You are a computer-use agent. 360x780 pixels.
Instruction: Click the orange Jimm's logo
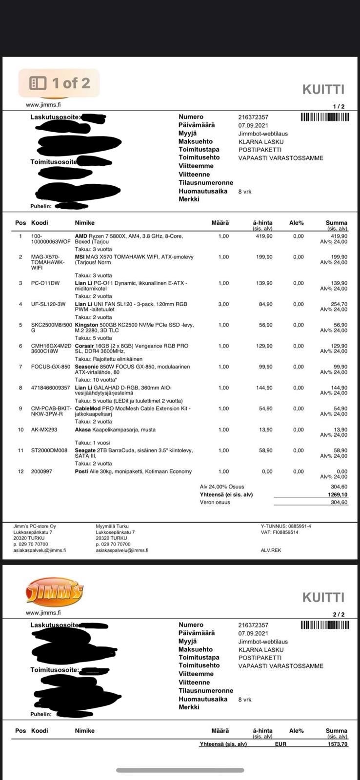click(x=54, y=592)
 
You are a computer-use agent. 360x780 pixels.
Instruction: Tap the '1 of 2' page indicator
click(x=59, y=83)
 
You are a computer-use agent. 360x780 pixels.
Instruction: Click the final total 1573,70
click(x=338, y=744)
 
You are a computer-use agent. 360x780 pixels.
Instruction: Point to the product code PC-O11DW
click(x=45, y=283)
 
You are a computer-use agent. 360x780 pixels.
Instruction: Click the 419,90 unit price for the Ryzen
click(x=264, y=236)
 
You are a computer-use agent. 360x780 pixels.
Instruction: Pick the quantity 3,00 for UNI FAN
click(x=223, y=304)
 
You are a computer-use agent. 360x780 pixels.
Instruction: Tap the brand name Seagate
click(x=85, y=450)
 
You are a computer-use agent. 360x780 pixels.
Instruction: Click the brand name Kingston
click(x=86, y=325)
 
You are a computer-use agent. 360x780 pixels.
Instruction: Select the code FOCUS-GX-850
click(x=51, y=367)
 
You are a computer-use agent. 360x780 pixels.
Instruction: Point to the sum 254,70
click(x=339, y=304)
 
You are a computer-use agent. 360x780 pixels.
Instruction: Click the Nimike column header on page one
click(x=84, y=223)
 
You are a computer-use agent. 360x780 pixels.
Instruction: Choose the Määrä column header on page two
click(x=220, y=731)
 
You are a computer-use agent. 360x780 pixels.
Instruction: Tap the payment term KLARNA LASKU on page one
click(x=260, y=142)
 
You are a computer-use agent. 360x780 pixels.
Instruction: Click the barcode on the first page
click(x=324, y=117)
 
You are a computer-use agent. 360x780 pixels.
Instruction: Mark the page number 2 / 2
click(x=339, y=615)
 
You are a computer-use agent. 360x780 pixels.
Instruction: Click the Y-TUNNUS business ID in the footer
click(x=286, y=526)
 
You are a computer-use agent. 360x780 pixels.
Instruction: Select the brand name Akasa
click(x=83, y=429)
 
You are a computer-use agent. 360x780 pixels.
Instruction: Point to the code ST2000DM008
click(x=49, y=450)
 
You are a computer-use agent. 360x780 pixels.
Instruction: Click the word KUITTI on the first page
click(x=323, y=89)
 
